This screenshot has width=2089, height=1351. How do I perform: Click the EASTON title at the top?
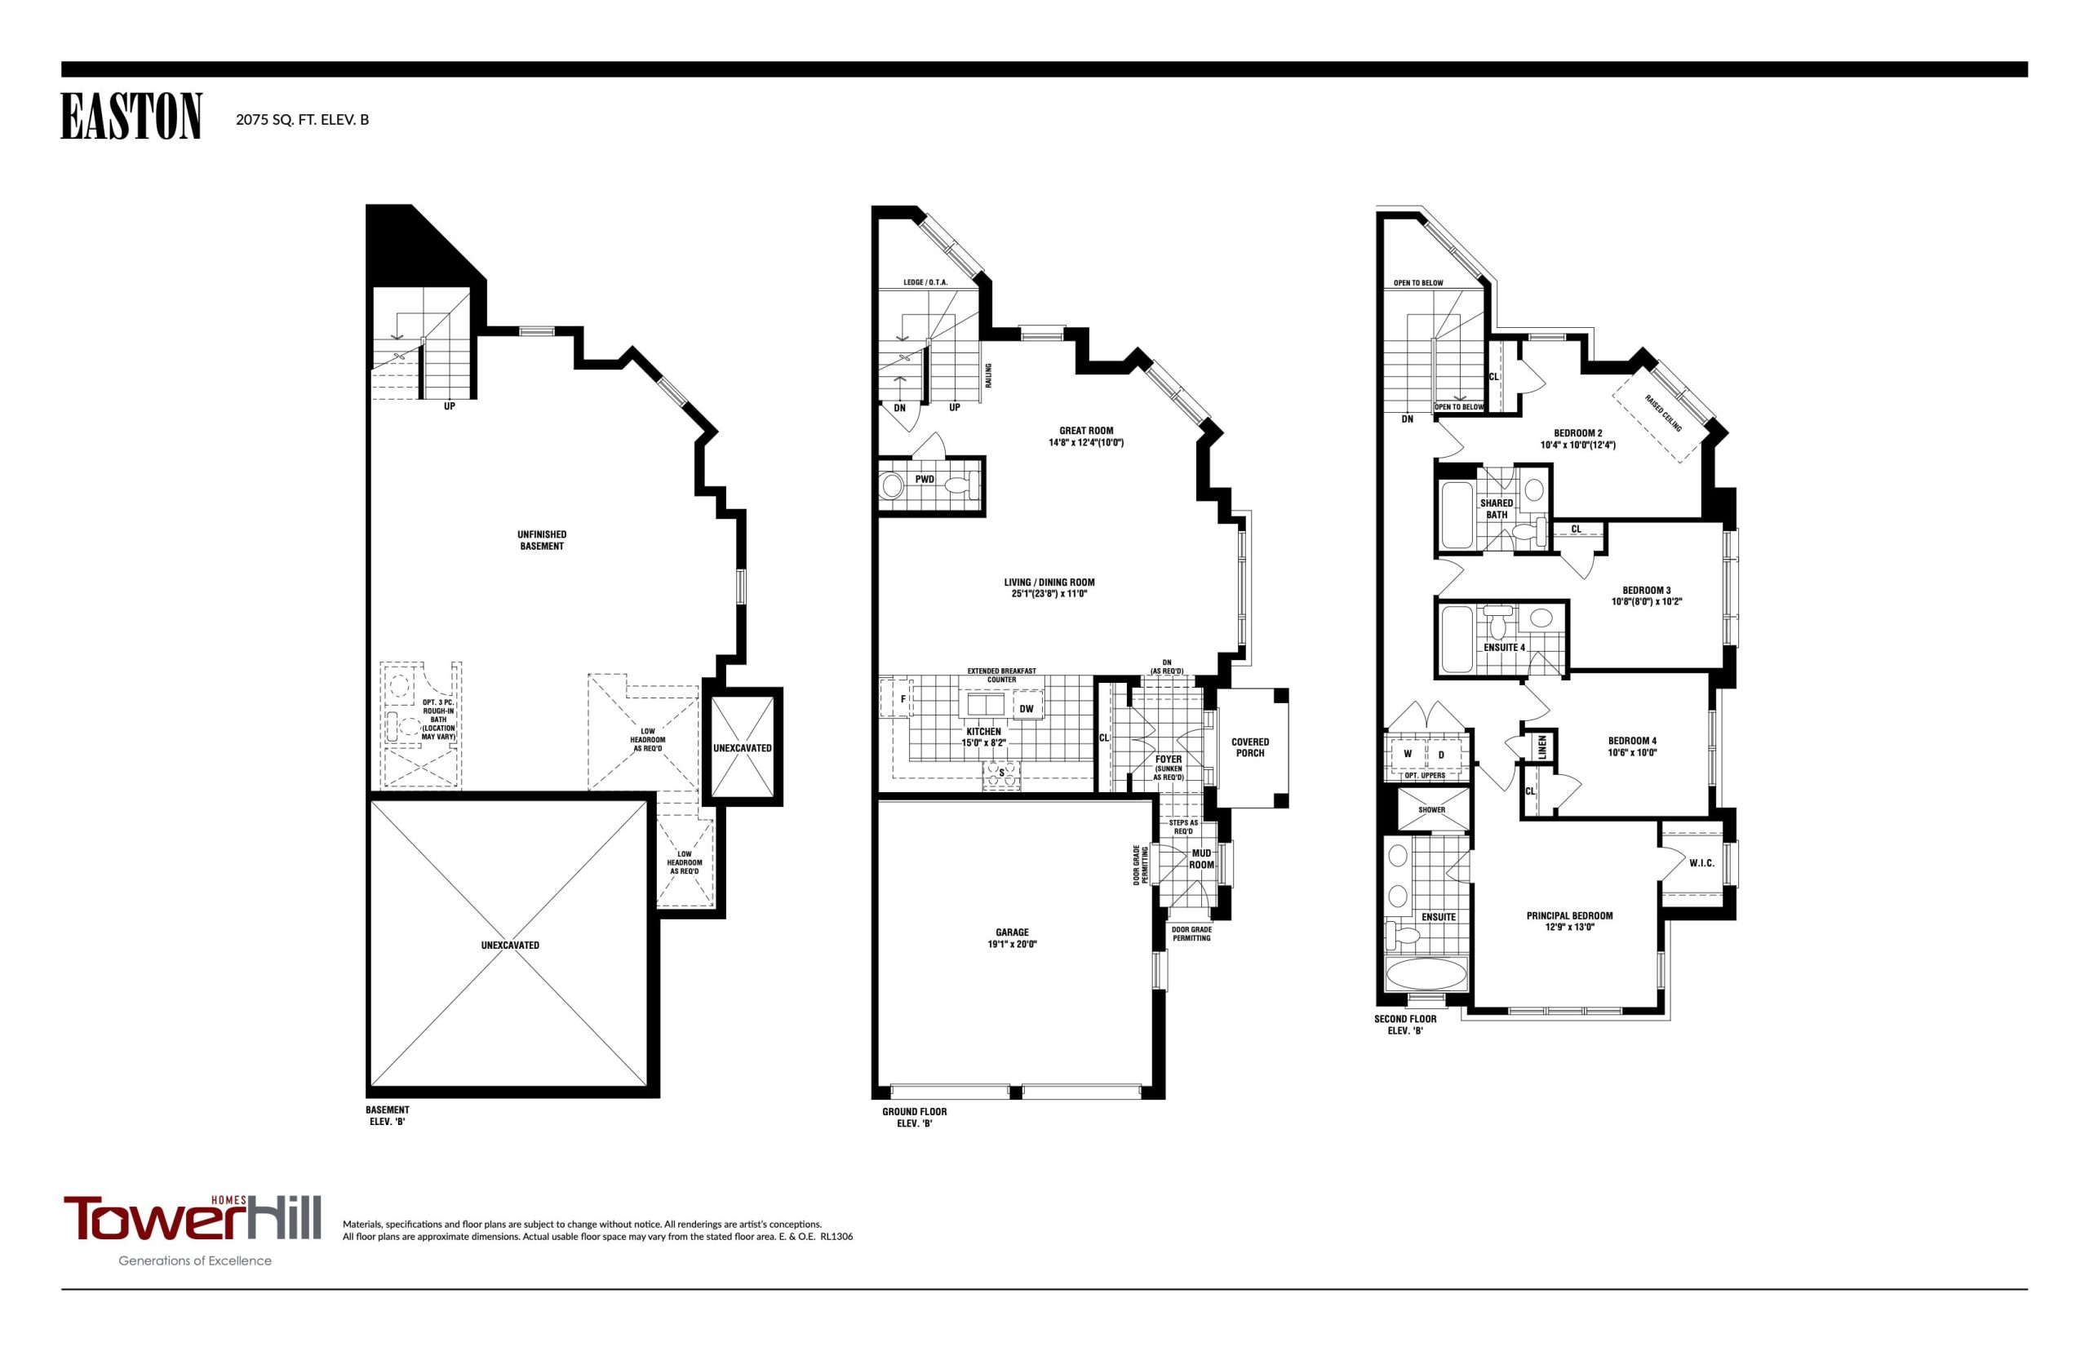tap(131, 117)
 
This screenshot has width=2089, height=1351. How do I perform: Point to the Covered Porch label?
tap(1249, 747)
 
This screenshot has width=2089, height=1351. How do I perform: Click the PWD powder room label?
tap(924, 480)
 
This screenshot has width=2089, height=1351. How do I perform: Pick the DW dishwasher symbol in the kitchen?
tap(1027, 709)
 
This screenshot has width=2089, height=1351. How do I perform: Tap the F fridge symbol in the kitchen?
tap(903, 699)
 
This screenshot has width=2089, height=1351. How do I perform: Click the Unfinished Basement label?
tap(541, 540)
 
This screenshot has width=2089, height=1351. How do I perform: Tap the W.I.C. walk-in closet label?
tap(1701, 863)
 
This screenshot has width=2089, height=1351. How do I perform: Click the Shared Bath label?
tap(1496, 509)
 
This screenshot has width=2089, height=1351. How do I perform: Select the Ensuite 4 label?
tap(1504, 648)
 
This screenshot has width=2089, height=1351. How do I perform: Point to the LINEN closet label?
tap(1542, 747)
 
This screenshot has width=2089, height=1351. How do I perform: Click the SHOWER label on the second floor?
tap(1431, 810)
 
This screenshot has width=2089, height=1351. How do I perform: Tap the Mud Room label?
tap(1201, 859)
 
